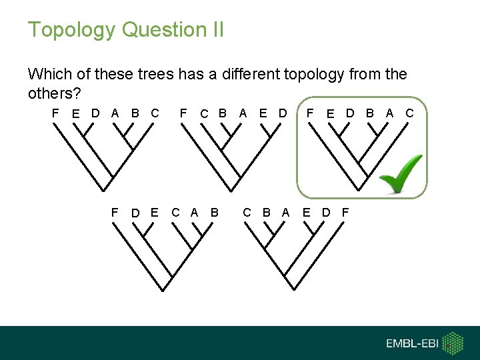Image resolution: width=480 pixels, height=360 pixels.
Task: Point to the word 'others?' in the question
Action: (54, 92)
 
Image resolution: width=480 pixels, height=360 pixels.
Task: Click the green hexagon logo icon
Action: (453, 343)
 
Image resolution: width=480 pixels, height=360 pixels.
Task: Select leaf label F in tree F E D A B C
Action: (55, 113)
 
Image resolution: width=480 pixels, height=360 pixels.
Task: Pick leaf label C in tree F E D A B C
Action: (155, 113)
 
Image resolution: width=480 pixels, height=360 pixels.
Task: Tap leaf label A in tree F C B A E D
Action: (243, 113)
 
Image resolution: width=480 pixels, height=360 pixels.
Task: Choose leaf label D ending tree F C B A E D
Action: (283, 113)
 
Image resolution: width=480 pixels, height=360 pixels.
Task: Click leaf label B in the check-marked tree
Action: (370, 113)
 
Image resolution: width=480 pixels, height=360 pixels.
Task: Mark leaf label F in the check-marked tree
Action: (310, 113)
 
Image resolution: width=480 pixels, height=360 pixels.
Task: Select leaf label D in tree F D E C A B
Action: (135, 213)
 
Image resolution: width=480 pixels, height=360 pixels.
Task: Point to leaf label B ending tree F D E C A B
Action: (214, 213)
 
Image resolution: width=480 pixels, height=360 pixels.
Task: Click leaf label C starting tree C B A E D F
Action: (247, 213)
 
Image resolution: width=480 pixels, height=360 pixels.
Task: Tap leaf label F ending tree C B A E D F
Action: (345, 213)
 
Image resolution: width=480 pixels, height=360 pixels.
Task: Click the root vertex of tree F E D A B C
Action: (105, 191)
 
